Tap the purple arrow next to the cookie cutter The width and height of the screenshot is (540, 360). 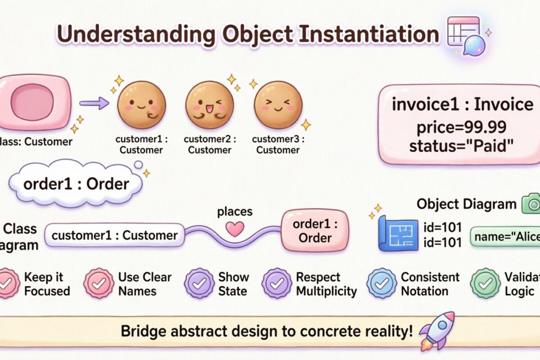94,103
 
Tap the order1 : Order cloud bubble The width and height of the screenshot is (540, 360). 76,184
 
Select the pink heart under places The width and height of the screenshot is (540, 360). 234,229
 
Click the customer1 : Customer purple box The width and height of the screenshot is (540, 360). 115,235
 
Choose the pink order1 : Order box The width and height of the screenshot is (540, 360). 315,231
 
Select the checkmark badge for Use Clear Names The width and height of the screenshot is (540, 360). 99,283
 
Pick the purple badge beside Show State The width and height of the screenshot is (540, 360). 199,283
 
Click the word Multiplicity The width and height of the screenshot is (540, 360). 326,291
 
